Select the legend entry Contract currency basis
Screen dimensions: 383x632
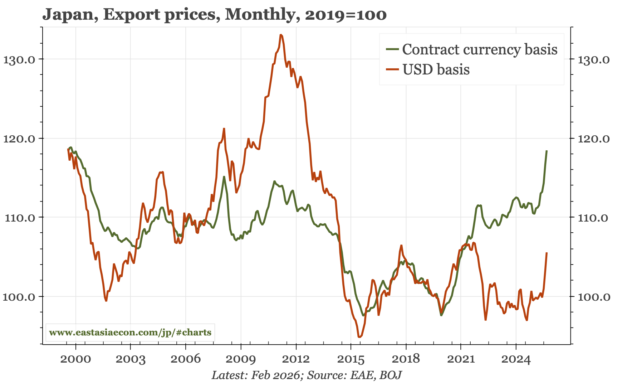[x=479, y=49]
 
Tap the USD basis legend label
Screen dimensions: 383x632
[x=436, y=69]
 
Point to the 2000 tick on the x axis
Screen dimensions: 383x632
[x=75, y=359]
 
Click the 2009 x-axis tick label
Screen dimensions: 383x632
[x=241, y=359]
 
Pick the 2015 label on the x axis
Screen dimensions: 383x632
[x=351, y=359]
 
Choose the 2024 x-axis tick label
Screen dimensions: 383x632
[x=516, y=359]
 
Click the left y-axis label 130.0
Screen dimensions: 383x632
[x=19, y=59]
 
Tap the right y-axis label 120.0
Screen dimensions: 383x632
[x=594, y=139]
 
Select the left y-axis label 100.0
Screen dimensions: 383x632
[x=19, y=297]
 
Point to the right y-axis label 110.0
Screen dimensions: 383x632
[x=594, y=218]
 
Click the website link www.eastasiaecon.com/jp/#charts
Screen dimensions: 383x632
[x=130, y=333]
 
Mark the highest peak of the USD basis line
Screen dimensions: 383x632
[x=281, y=35]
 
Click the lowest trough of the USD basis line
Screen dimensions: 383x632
[x=359, y=337]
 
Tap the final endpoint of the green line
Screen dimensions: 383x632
[x=547, y=151]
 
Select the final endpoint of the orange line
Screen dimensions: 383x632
[x=547, y=253]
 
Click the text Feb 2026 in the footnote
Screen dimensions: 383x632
[x=275, y=375]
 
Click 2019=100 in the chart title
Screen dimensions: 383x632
[x=346, y=15]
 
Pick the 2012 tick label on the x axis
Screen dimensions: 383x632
[x=296, y=359]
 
